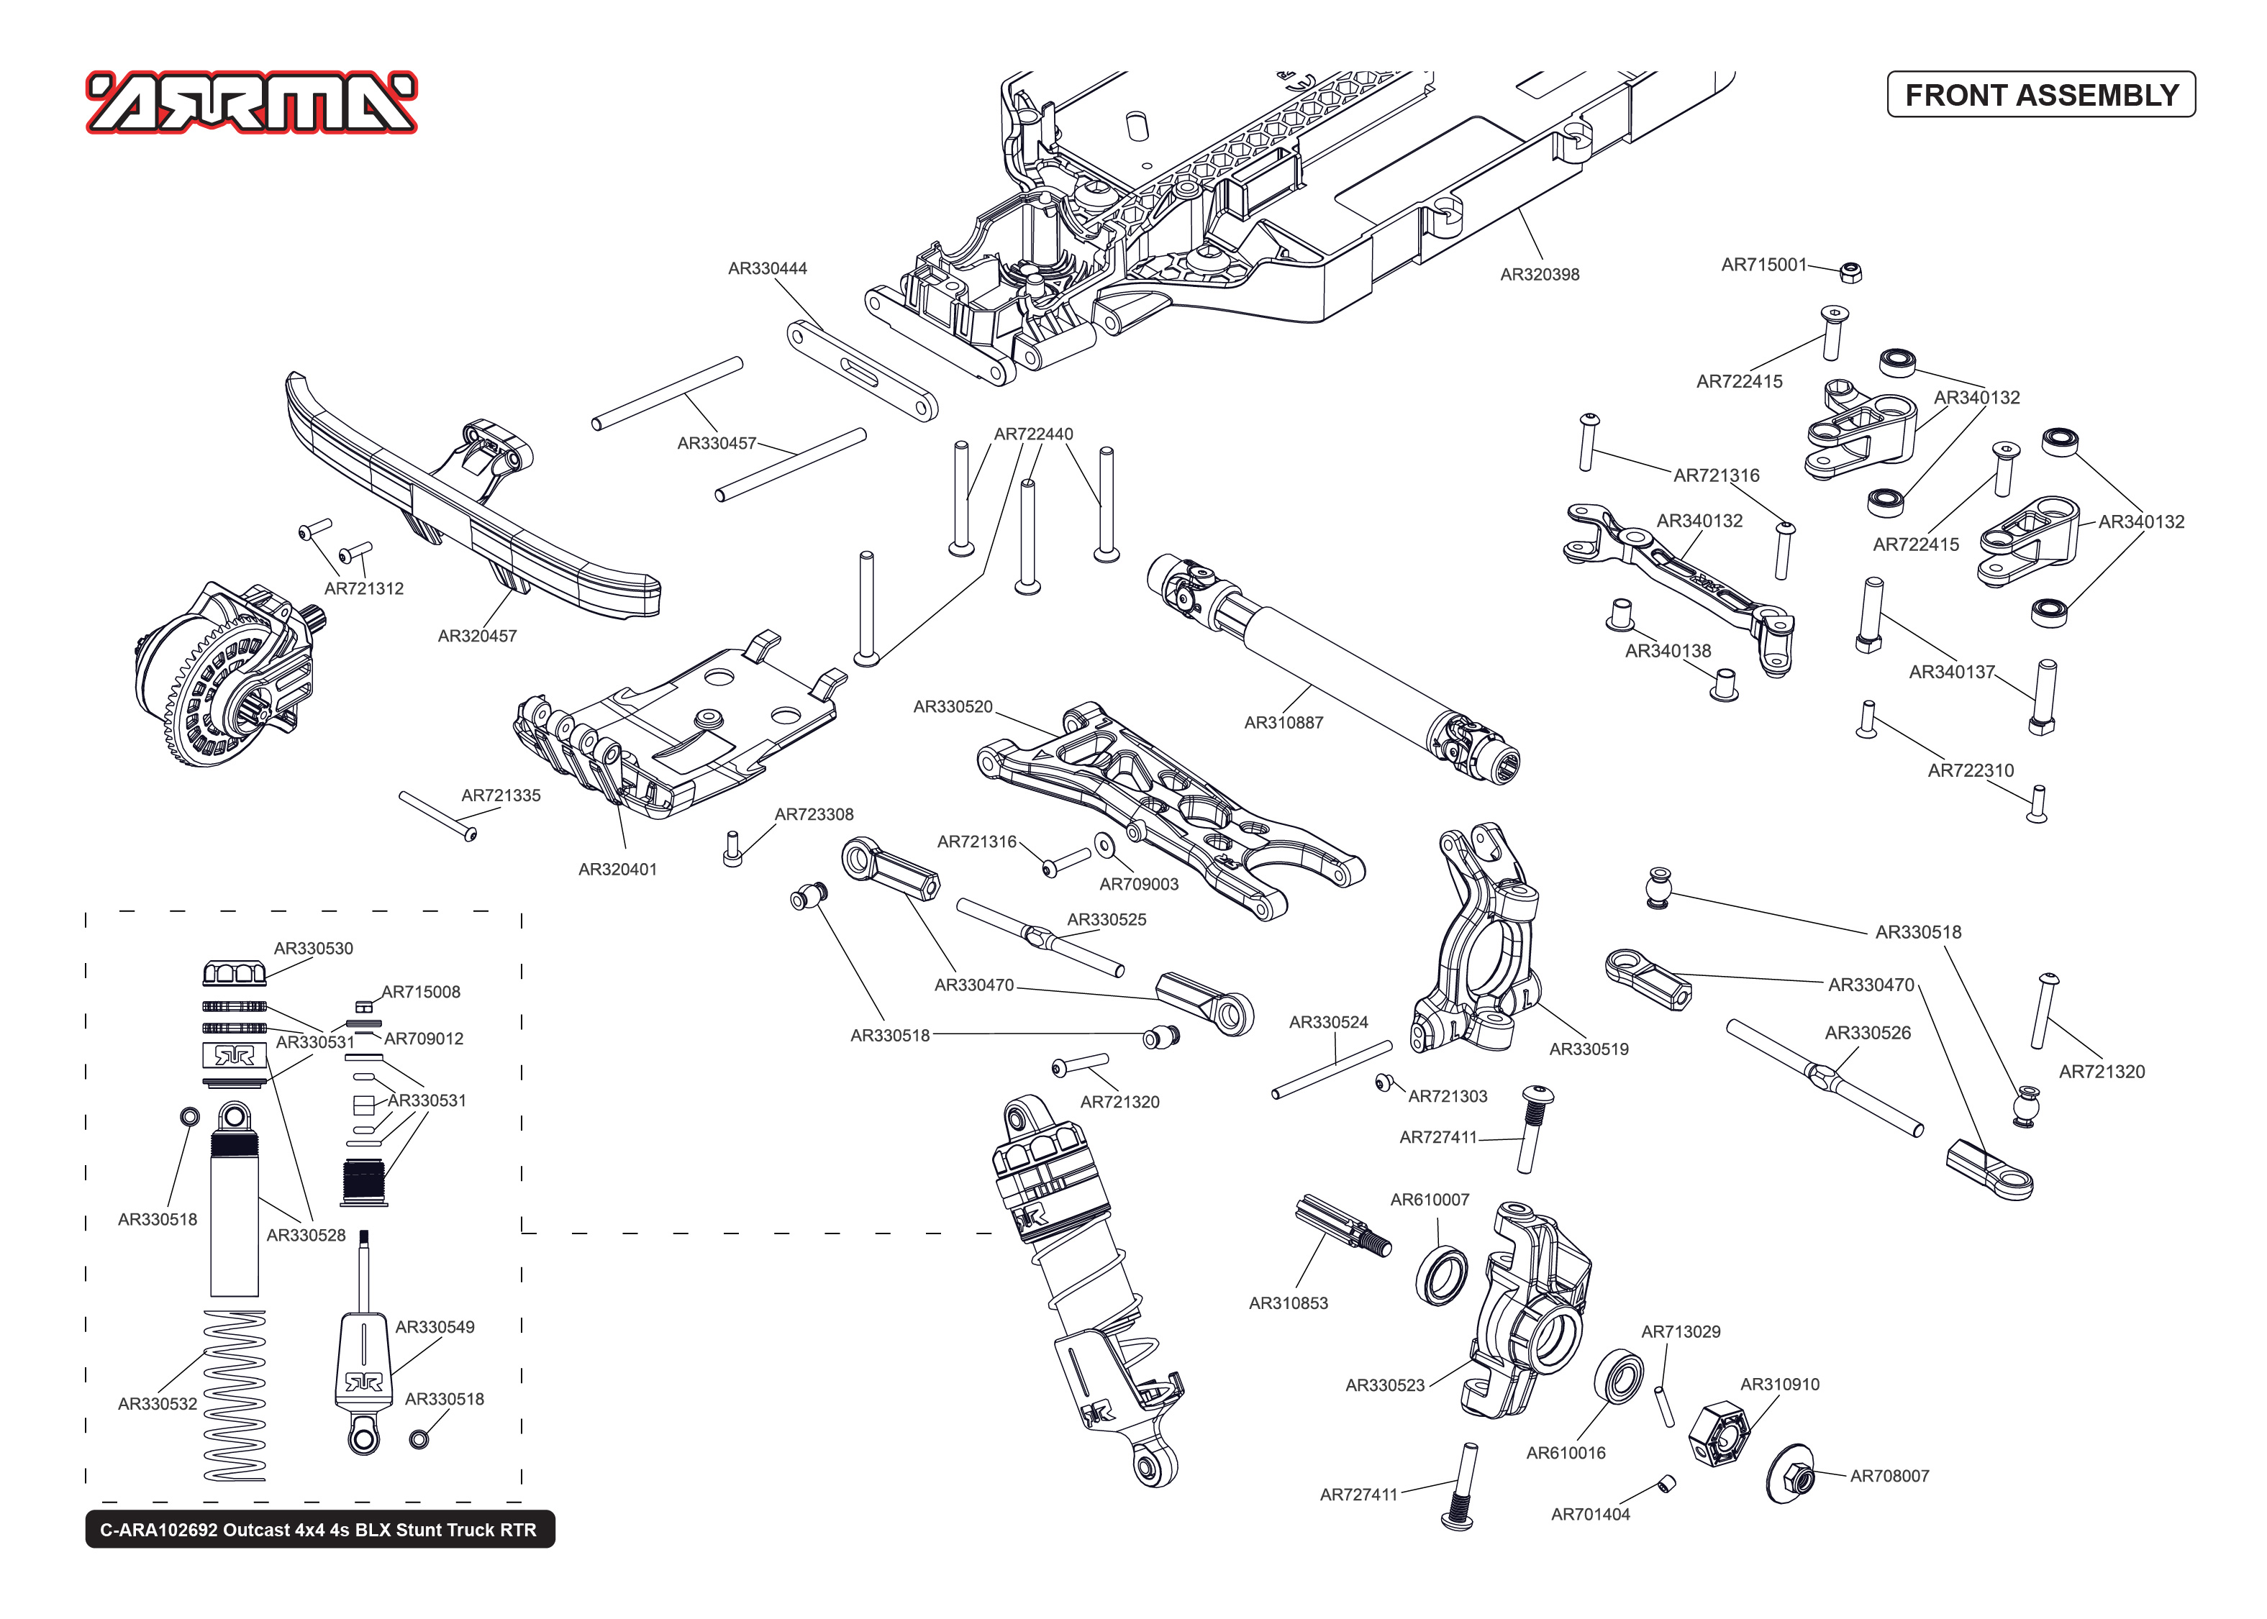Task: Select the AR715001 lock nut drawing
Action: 1850,271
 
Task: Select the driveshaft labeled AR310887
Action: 1336,668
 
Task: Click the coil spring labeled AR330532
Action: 235,1396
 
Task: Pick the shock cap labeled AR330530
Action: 235,972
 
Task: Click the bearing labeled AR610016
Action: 1618,1378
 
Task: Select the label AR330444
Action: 767,268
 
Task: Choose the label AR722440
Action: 1033,434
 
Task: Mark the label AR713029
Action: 1680,1332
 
